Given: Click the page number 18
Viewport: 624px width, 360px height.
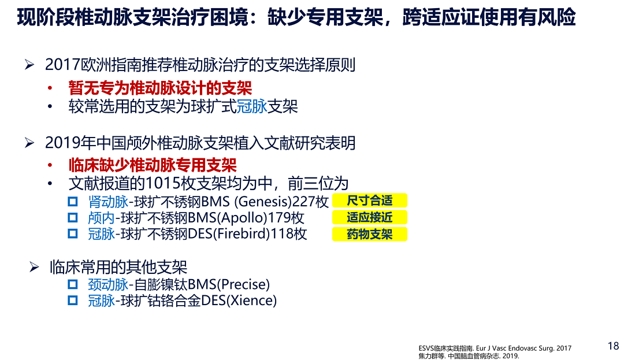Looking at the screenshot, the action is coord(613,346).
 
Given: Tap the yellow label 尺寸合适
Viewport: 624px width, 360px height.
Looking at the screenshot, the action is coord(370,201).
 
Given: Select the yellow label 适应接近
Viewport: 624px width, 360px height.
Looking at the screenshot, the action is coord(370,217).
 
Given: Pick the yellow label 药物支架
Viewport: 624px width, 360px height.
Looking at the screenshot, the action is coord(370,234).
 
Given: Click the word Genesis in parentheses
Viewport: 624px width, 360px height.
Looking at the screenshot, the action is coord(263,202).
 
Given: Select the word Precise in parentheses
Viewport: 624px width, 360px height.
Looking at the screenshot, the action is coord(243,284).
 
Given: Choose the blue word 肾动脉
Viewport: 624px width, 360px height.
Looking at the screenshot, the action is coord(108,202).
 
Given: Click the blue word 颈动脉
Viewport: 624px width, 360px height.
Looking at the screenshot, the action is coord(108,284).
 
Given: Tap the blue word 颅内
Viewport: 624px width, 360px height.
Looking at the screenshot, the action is coord(102,218).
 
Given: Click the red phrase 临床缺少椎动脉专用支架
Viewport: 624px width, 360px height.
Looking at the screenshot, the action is coord(153,165).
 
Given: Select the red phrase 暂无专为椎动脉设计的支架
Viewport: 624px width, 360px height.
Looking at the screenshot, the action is coord(161,88).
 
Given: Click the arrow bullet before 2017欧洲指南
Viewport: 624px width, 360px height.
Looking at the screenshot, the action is coord(29,65).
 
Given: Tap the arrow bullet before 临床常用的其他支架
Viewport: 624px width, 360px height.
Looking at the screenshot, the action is coord(34,267).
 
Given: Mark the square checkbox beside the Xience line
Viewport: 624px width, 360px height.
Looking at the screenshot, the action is coord(72,300).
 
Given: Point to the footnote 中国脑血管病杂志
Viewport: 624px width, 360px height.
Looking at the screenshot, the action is coord(474,356).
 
